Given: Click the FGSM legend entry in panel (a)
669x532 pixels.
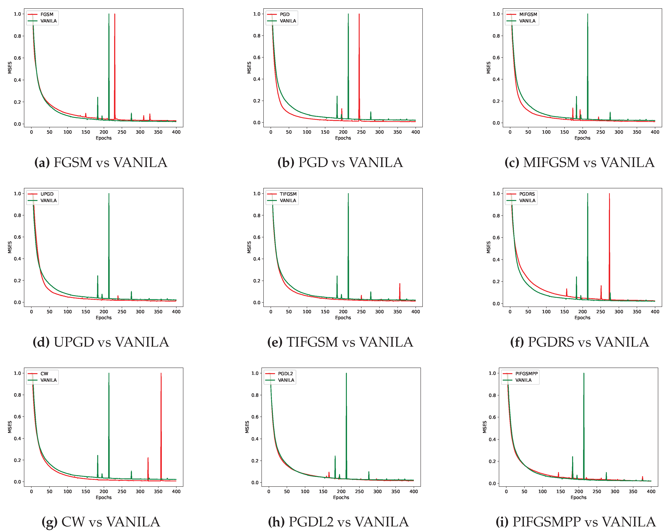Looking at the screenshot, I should [x=47, y=14].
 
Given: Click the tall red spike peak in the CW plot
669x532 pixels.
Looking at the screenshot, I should [x=161, y=374].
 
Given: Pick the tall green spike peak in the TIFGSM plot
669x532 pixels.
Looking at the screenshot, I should [x=348, y=194].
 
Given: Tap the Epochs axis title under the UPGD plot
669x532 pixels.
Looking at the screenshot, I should [x=104, y=318].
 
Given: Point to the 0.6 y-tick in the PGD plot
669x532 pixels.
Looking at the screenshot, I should [x=257, y=57].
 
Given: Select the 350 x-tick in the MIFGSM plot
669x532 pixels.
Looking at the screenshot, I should [x=637, y=132].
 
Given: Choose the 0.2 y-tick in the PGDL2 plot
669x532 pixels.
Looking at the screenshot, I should [x=255, y=461].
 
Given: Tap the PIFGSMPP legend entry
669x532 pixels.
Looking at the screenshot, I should [x=526, y=374].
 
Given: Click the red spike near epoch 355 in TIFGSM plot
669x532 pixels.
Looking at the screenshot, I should [x=400, y=284].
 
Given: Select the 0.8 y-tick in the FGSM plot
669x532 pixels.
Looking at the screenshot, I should [x=17, y=36].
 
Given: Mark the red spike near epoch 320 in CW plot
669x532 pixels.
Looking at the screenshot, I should [x=148, y=458].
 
